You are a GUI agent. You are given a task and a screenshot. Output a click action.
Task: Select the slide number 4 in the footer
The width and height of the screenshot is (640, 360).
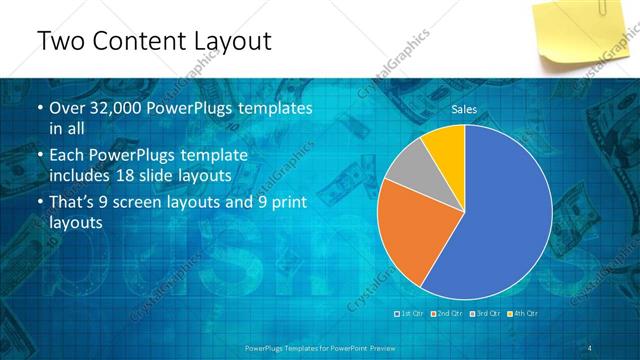tap(590, 347)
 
